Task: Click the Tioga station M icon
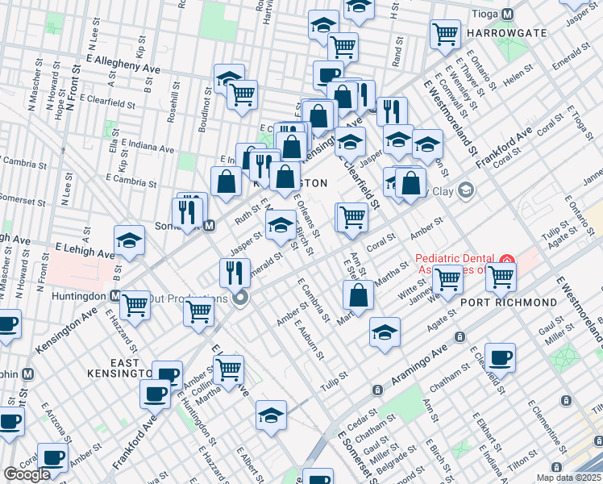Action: [x=507, y=15]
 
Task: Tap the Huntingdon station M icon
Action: [x=115, y=296]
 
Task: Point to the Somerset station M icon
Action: [x=209, y=226]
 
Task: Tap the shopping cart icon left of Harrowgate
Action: [x=444, y=34]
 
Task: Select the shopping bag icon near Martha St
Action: [x=358, y=294]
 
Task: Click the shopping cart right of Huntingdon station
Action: [x=135, y=304]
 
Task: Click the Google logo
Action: [x=27, y=474]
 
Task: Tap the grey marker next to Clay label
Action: [x=465, y=190]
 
